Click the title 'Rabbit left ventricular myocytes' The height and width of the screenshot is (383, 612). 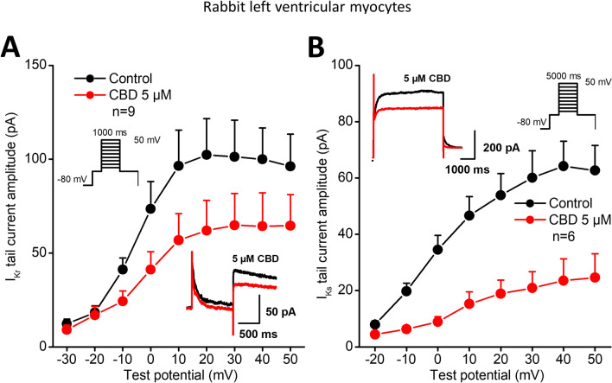tap(305, 10)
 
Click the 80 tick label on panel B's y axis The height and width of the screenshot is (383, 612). tap(352, 122)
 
